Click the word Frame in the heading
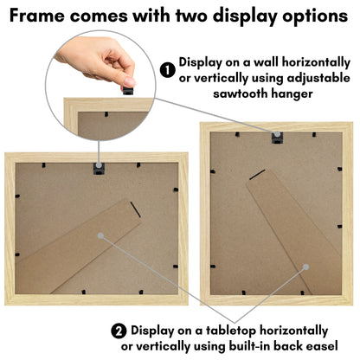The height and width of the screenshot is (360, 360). click(37, 16)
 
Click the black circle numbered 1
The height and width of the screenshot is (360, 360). click(168, 71)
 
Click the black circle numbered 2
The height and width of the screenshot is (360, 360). click(119, 331)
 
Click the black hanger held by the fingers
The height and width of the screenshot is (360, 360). click(128, 90)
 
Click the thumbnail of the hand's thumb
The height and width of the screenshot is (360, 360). click(130, 81)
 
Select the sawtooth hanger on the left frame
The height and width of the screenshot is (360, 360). click(99, 169)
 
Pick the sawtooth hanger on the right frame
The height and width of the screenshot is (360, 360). click(278, 138)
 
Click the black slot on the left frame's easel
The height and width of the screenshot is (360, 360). click(135, 209)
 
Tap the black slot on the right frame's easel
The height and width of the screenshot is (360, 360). click(257, 175)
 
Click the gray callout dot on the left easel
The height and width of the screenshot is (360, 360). click(100, 235)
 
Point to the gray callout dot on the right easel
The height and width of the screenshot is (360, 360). click(306, 267)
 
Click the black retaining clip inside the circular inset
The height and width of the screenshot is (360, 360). click(106, 114)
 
